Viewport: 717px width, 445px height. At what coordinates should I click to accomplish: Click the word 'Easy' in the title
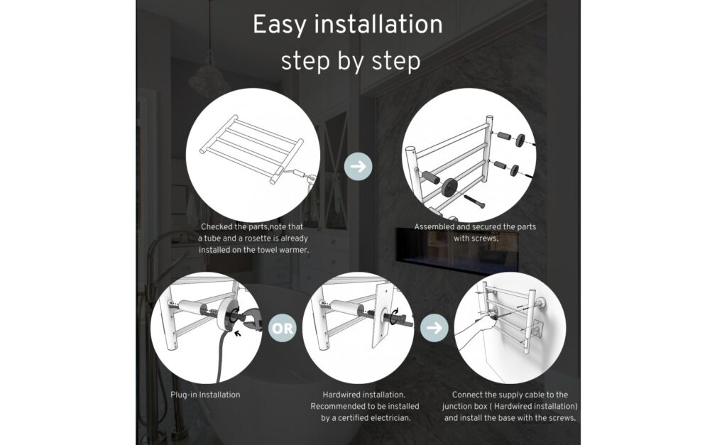coord(279,24)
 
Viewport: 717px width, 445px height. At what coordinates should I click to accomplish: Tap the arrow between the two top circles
coord(358,166)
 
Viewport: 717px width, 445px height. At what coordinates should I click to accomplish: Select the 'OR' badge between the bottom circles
coord(282,328)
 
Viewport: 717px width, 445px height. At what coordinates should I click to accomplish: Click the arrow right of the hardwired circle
coord(434,327)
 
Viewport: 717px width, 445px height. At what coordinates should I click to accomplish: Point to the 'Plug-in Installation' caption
coord(205,395)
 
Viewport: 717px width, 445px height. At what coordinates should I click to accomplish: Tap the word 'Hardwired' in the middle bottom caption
coord(339,395)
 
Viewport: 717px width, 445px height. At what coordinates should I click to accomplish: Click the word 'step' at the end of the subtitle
coord(396,62)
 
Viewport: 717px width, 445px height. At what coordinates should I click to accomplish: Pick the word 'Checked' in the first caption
coord(217,226)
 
